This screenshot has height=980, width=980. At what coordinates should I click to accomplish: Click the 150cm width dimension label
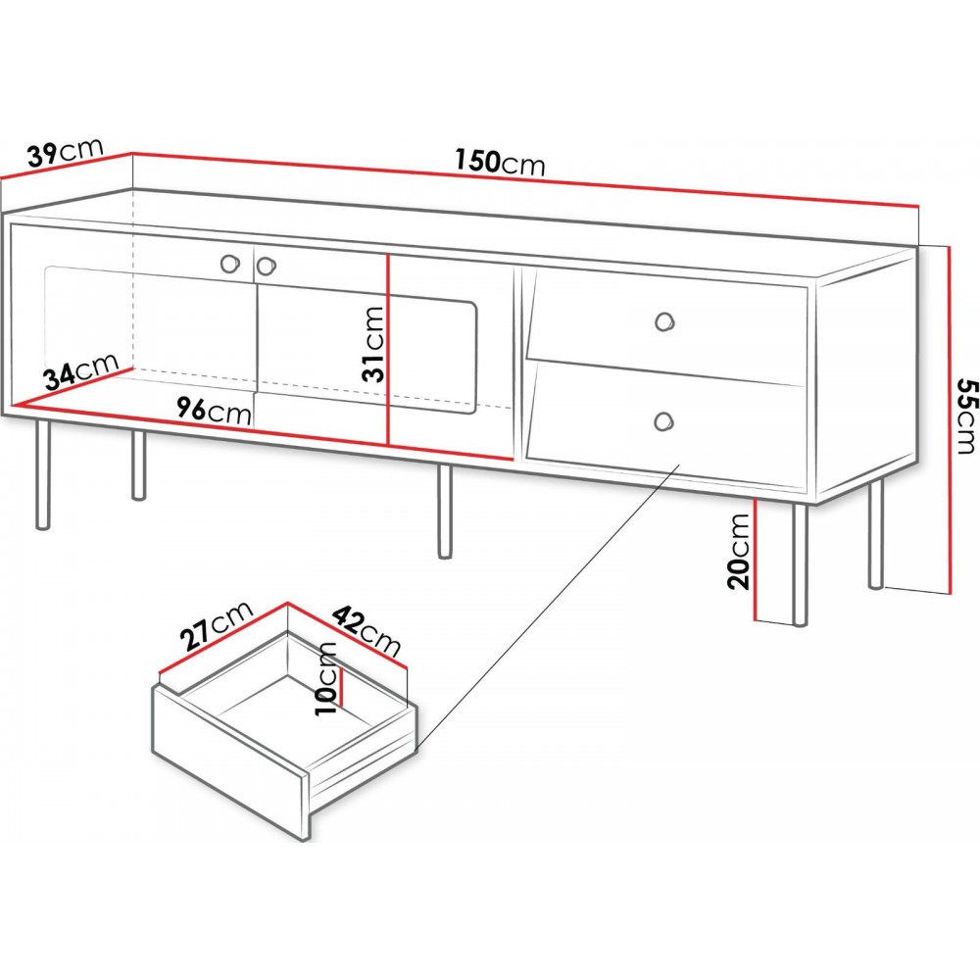[x=500, y=162]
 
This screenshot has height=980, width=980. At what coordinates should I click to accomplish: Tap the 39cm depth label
[x=66, y=153]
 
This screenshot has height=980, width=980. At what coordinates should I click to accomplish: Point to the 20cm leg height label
[x=738, y=551]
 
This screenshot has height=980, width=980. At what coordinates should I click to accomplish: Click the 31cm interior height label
[x=373, y=344]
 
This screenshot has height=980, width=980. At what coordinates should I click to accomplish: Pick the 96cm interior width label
[x=214, y=411]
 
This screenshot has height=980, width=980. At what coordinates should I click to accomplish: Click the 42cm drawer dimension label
[x=366, y=629]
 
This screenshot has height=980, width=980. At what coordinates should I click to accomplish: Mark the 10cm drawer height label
[x=326, y=679]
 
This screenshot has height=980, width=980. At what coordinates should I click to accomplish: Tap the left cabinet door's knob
[x=229, y=263]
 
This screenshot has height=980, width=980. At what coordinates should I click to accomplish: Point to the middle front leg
[x=444, y=512]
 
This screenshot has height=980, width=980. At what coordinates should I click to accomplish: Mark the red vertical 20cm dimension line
[x=756, y=559]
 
